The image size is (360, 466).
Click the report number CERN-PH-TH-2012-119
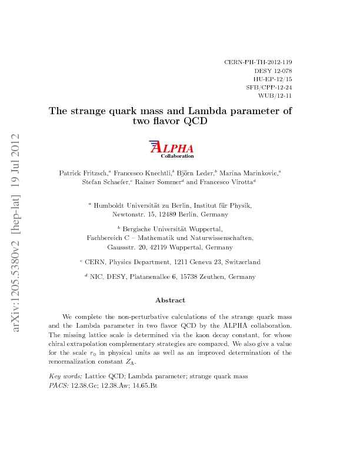259,61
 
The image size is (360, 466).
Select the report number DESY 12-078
274,69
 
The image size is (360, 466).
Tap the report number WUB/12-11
275,94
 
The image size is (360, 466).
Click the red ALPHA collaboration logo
171,149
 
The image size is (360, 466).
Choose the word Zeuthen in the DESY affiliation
215,276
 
